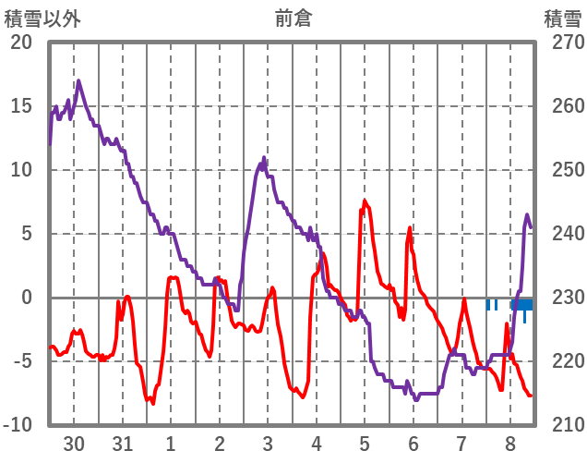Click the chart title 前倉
293,18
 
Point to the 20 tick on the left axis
21,43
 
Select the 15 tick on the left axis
21,106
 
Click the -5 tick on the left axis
21,361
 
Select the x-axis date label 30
74,445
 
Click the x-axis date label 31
122,445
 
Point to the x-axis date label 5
365,445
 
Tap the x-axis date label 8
510,445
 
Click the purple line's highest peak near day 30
78,81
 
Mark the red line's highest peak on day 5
365,201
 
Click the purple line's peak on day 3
265,159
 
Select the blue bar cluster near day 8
521,305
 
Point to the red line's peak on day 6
410,227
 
